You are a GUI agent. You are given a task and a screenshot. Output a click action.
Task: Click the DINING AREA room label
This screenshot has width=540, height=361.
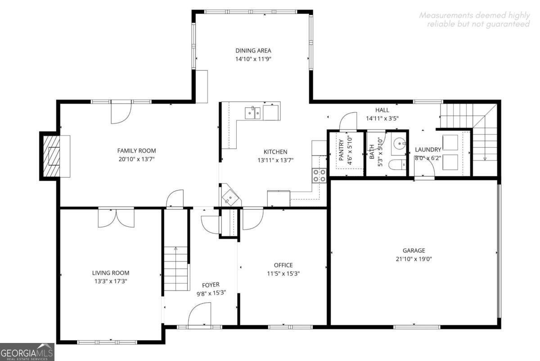(253, 50)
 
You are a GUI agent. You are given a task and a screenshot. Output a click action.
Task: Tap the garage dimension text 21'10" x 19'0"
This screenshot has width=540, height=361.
(414, 259)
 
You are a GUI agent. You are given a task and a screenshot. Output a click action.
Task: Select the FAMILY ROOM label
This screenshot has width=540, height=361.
(136, 151)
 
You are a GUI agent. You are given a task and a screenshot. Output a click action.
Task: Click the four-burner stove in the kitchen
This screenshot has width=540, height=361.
(319, 175)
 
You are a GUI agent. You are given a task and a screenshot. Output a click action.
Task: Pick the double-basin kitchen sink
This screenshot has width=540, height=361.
(253, 113)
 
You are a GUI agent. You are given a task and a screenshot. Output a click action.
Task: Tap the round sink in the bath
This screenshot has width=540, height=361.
(398, 144)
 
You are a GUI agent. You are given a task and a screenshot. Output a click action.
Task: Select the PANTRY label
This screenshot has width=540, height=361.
(341, 150)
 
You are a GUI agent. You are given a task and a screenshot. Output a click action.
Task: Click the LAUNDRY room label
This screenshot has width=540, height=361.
(428, 150)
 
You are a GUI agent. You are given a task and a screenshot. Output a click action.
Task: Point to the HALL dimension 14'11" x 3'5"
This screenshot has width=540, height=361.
(382, 119)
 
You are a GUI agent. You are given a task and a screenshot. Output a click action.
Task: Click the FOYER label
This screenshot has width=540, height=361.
(211, 284)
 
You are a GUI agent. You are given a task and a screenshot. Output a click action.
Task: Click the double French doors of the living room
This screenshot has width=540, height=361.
(116, 218)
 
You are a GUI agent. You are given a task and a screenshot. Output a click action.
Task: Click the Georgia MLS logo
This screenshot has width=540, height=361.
(27, 352)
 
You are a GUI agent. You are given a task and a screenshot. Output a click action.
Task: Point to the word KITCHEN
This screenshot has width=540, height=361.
(275, 152)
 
